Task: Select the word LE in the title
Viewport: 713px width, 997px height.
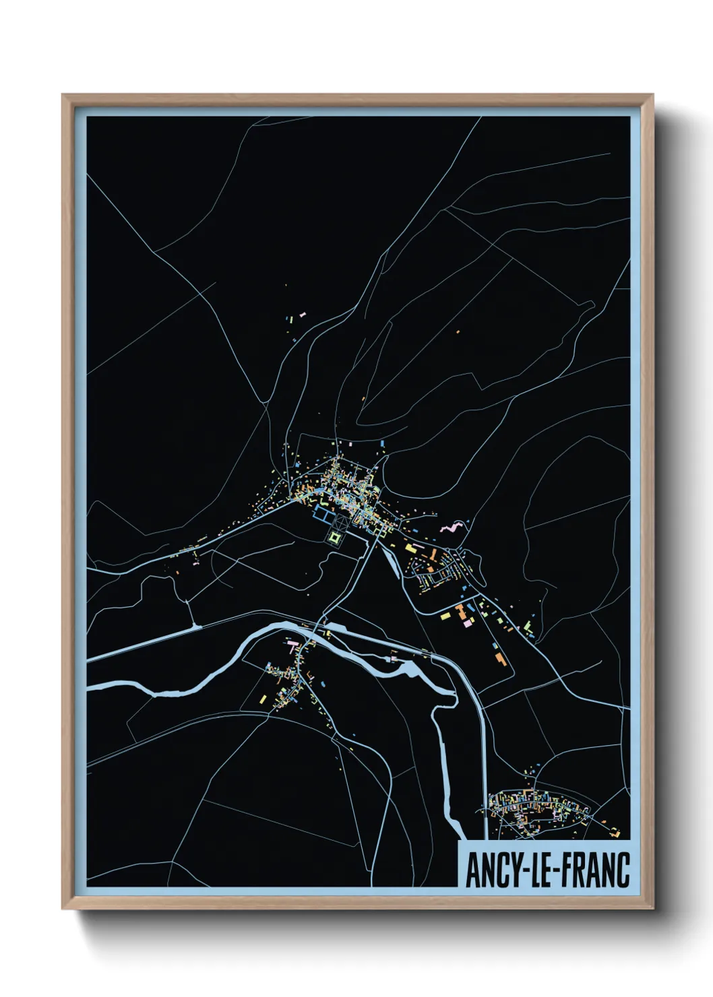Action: [x=540, y=870]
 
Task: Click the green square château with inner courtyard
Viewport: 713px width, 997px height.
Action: [x=336, y=537]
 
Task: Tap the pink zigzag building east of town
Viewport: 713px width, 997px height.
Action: [x=453, y=526]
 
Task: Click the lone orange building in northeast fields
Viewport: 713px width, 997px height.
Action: [x=458, y=331]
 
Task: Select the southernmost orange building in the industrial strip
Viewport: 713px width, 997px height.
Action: [x=499, y=657]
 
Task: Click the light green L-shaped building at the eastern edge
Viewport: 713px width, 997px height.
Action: [x=528, y=627]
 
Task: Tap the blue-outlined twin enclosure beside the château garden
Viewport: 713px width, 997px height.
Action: [x=322, y=515]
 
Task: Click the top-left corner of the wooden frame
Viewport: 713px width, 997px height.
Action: [x=64, y=96]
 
